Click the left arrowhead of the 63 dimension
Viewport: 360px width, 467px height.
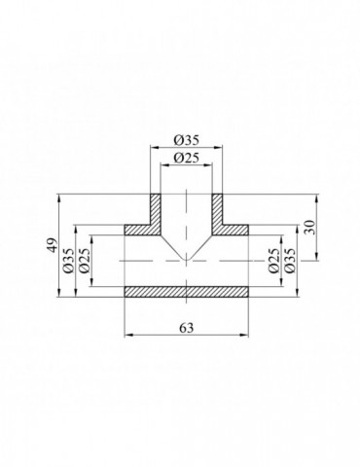tap(127, 336)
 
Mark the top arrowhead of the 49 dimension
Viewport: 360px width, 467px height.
tap(61, 195)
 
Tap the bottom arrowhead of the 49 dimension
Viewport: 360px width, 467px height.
tap(61, 295)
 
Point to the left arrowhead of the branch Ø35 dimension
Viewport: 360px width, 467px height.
tap(151, 147)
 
